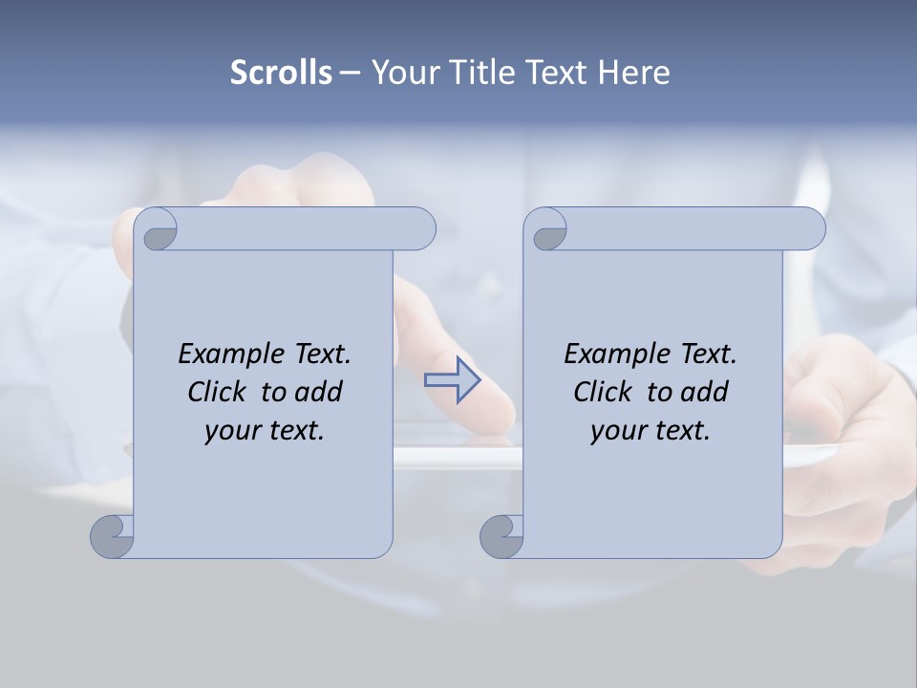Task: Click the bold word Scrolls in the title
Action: [x=281, y=72]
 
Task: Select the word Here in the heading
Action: [x=634, y=72]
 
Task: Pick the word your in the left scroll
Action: [x=230, y=431]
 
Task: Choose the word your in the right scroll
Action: [x=616, y=431]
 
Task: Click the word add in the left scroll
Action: [x=319, y=392]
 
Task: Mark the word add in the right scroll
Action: [x=705, y=392]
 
